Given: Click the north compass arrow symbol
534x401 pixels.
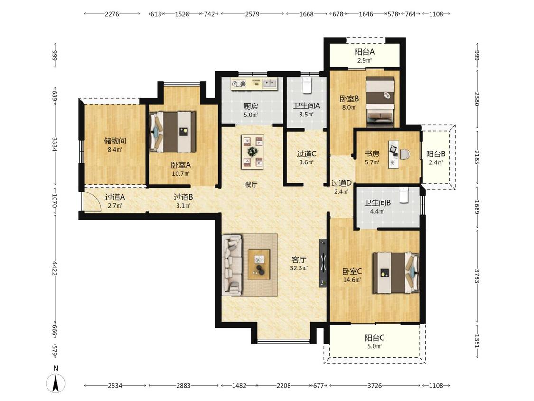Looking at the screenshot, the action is coord(56,383).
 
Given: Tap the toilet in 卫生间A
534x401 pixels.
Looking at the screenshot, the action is coord(307,86).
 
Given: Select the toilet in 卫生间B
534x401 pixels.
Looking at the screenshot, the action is coord(403,195).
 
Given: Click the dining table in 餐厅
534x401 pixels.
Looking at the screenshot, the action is coord(253,152).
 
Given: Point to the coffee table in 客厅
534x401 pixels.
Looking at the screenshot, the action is coord(259,265).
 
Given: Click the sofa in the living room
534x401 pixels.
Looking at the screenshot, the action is coord(232,265).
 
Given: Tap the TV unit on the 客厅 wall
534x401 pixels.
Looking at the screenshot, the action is coord(322,263).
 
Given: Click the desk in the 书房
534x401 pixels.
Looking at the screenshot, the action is coord(394,154).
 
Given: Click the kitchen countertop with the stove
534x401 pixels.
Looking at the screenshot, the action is coord(254,84).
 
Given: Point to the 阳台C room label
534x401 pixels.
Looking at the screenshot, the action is coord(375,338).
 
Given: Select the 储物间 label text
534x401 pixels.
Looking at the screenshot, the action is coord(115,141).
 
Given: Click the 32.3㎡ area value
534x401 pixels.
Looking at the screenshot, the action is coord(299,268).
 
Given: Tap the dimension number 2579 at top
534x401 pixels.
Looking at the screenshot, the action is coord(252,14).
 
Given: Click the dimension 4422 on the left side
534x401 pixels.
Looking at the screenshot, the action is coord(55,268).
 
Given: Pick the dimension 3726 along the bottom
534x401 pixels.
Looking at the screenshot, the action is coord(375,386).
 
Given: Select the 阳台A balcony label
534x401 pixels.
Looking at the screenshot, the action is coord(365,52).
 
